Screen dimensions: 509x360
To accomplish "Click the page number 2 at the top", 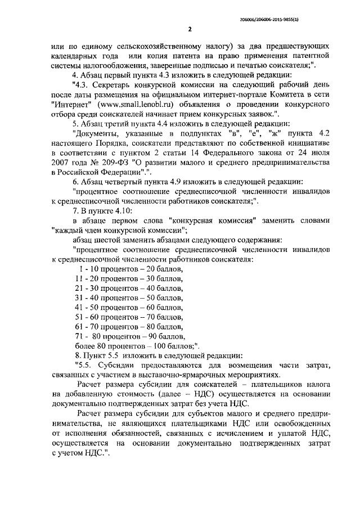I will coord(190,29).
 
